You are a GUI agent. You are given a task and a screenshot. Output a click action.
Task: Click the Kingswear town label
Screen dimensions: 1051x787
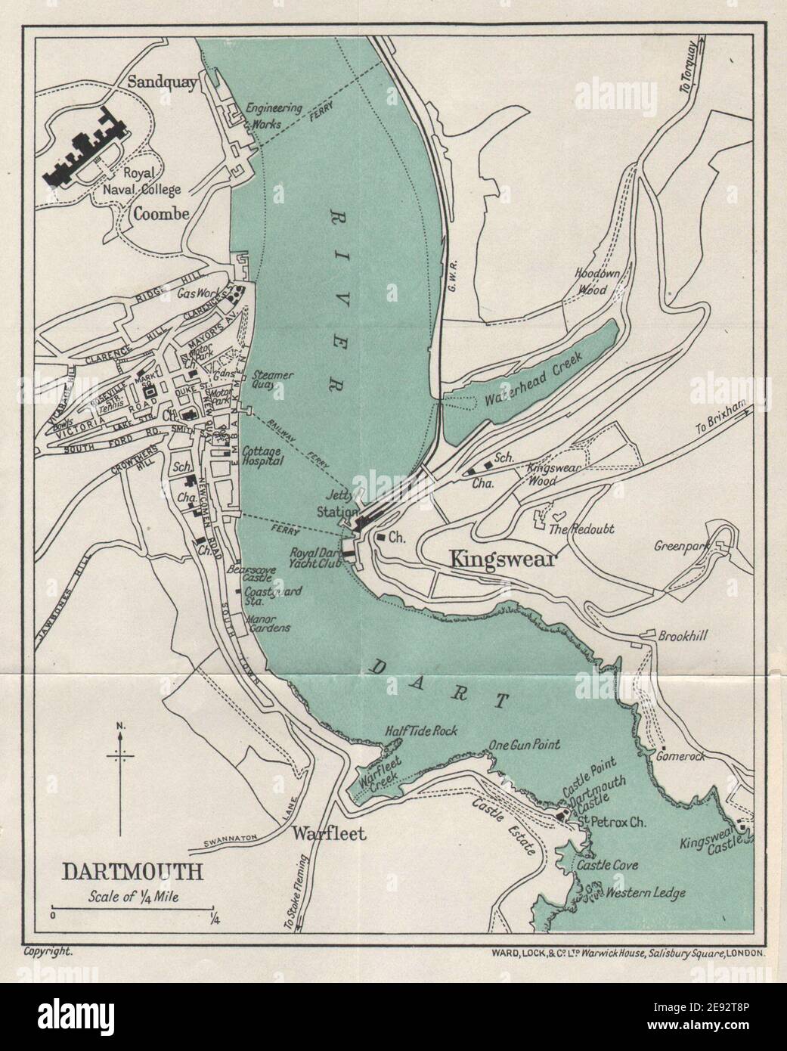tap(503, 560)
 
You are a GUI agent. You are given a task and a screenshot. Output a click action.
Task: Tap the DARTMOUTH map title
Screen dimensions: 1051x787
tap(132, 872)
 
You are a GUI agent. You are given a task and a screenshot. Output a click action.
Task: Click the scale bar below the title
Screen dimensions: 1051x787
tap(133, 907)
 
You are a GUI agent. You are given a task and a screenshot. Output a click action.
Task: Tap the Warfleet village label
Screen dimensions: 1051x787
tap(329, 834)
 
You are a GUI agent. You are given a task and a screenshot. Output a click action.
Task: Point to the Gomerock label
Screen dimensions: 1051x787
tap(680, 755)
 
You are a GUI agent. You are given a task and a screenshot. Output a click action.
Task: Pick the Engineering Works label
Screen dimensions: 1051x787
tap(263, 116)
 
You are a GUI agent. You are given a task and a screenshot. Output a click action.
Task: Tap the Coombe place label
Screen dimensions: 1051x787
tap(160, 215)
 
